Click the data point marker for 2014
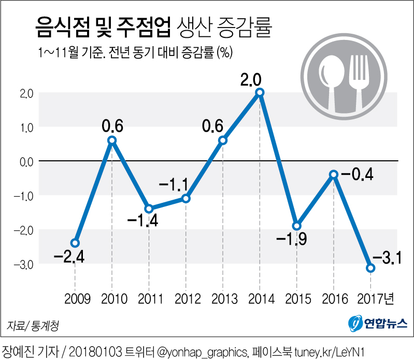(260, 92)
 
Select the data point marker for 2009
(75, 243)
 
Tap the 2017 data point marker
(370, 268)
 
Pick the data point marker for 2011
(149, 209)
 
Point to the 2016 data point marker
(334, 174)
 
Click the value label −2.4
(69, 257)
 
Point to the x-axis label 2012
(186, 299)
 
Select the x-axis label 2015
(297, 299)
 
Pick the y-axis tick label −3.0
(24, 264)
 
